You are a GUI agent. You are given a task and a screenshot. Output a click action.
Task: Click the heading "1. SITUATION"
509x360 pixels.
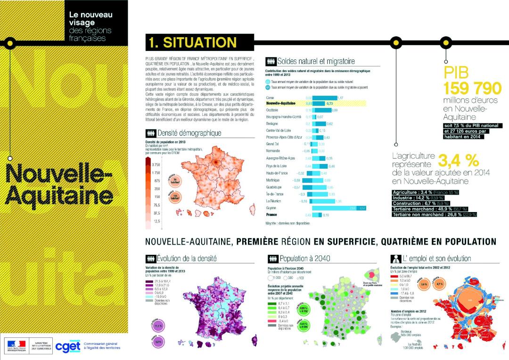192,42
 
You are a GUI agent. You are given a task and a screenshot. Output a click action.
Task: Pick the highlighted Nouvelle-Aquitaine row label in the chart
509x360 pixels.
281,103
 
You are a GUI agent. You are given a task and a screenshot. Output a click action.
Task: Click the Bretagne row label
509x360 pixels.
272,123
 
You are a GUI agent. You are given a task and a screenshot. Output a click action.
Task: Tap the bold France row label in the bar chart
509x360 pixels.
272,214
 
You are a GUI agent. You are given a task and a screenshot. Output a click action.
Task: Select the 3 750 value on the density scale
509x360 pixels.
156,164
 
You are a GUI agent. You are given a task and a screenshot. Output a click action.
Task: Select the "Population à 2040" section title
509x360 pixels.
304,258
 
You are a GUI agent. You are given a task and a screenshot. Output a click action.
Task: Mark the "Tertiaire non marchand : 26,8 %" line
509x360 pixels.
434,214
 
